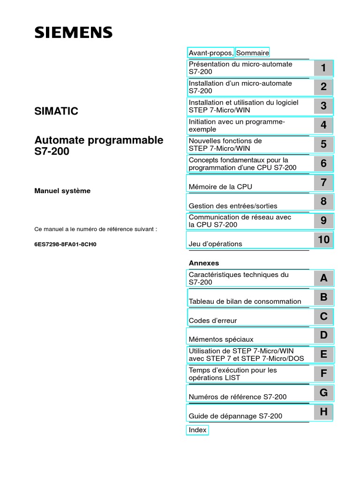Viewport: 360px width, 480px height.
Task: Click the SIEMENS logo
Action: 73,32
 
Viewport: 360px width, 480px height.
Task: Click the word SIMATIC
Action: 56,112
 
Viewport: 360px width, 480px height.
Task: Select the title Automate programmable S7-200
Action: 99,146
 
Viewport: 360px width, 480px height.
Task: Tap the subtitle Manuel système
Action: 63,191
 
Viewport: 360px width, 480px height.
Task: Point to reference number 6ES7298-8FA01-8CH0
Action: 65,244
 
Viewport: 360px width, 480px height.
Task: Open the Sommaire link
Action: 252,52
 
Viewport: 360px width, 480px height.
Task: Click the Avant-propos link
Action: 210,52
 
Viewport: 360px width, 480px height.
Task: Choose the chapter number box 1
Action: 323,68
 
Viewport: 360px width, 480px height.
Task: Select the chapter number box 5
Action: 323,144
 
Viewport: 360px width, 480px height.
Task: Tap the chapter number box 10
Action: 323,240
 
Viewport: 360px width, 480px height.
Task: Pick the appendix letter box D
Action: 323,335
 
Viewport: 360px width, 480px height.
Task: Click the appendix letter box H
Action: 323,412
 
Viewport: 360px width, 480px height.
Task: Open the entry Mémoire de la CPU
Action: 220,187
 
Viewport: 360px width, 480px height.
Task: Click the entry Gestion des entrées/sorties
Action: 233,206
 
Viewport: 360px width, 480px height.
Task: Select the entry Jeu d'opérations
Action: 216,244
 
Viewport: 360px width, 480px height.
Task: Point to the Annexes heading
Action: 203,263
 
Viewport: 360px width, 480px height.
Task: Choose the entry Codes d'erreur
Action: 213,321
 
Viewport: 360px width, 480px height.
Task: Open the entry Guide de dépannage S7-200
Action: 235,416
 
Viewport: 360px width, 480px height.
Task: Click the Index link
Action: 197,430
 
